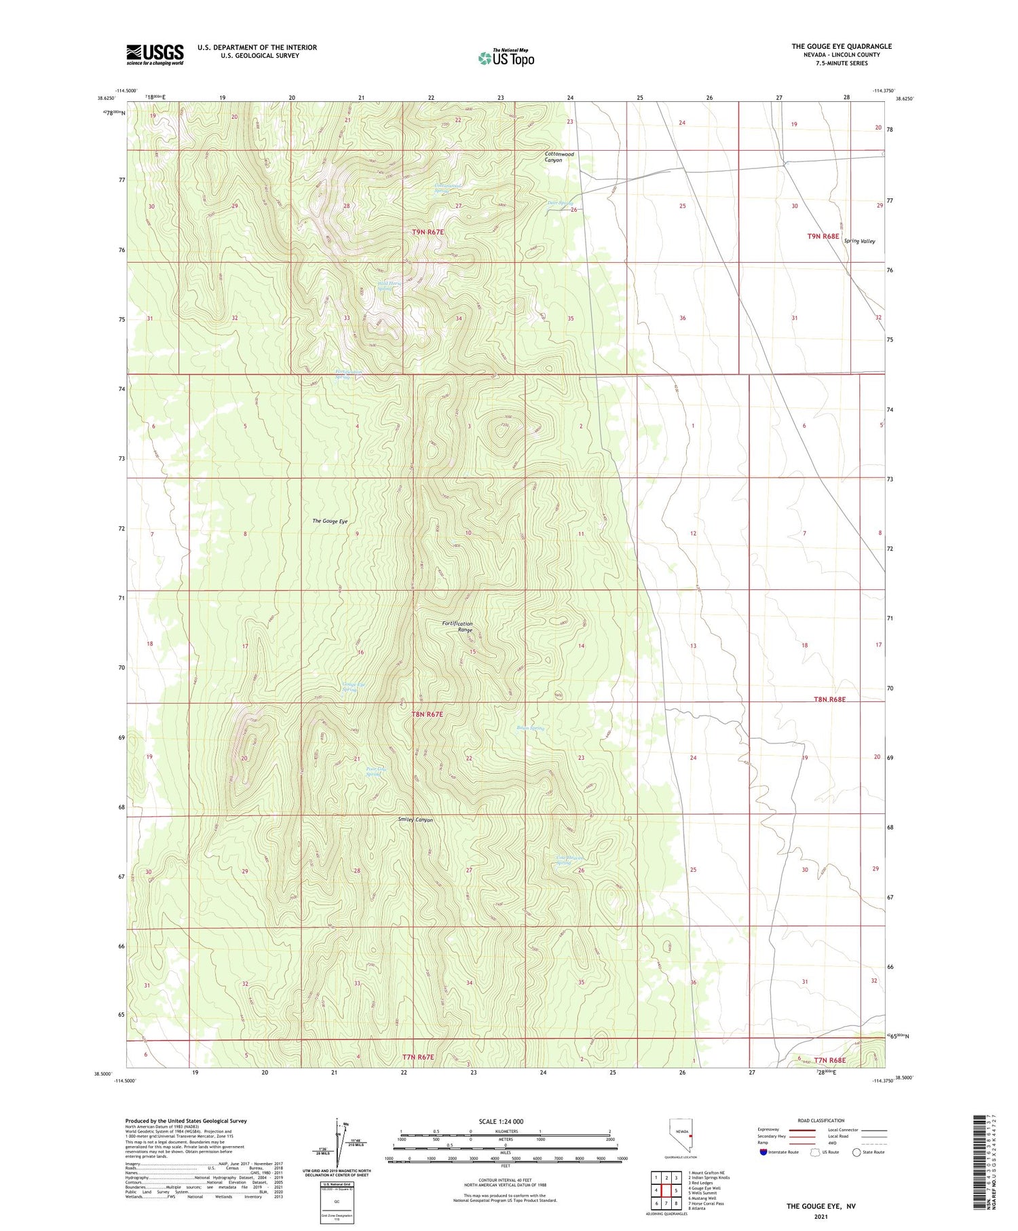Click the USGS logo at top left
click(155, 54)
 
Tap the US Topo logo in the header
click(506, 58)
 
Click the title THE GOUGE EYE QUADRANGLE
click(841, 46)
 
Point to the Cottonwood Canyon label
click(559, 157)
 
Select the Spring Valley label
click(859, 241)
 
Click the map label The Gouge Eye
click(330, 521)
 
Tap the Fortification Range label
click(457, 627)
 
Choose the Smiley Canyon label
click(415, 820)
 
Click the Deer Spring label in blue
click(561, 203)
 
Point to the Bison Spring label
click(530, 728)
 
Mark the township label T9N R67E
click(428, 232)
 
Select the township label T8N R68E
click(829, 699)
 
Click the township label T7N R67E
click(418, 1057)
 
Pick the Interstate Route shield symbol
click(763, 1152)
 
